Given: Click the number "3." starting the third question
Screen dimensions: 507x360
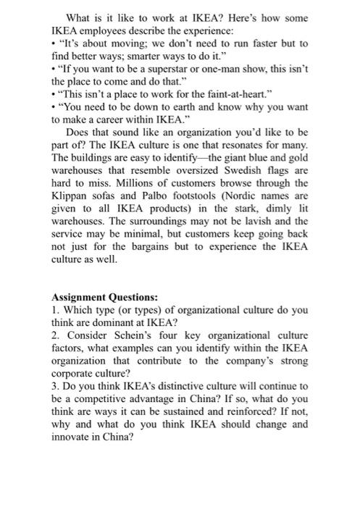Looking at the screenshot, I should click(x=56, y=387).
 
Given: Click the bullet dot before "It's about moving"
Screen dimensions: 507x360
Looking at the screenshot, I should click(x=55, y=43).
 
